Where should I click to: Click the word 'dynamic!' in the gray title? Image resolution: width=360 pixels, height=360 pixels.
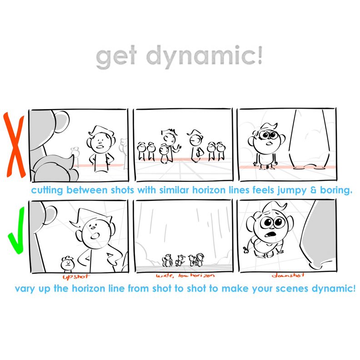click(204, 56)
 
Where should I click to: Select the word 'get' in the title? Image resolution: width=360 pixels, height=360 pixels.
click(116, 57)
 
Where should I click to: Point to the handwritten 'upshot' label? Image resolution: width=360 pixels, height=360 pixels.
click(76, 276)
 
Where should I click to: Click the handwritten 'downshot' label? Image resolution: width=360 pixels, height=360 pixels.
click(288, 275)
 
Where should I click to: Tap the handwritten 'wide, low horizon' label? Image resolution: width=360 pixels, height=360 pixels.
click(185, 275)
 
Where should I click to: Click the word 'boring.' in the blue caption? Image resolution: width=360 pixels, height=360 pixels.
click(336, 190)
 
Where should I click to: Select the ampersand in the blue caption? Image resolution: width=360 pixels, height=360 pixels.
click(313, 190)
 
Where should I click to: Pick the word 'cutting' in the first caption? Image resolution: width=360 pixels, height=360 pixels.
click(47, 190)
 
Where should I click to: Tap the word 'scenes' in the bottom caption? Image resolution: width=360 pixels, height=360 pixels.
click(292, 289)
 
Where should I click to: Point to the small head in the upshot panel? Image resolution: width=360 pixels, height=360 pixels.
click(67, 264)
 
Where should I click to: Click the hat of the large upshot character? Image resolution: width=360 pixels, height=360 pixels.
click(91, 217)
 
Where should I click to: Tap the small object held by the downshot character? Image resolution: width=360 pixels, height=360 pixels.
click(246, 250)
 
